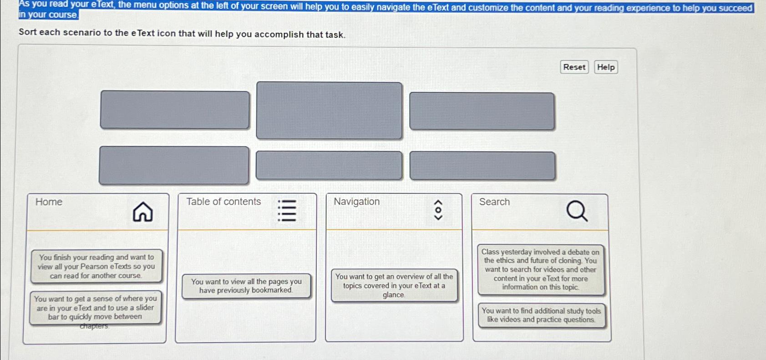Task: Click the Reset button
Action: tap(574, 67)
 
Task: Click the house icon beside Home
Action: tap(142, 212)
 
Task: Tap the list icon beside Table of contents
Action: tap(287, 211)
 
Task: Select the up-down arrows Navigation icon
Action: tap(438, 210)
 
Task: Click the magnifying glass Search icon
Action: tap(577, 211)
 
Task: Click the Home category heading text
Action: tap(49, 202)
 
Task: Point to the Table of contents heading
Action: tap(223, 202)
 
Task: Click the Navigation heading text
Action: tap(356, 202)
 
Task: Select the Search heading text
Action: tap(494, 202)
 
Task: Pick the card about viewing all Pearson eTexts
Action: tap(96, 266)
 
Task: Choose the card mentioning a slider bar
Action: tap(95, 308)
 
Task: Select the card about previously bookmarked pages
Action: tap(246, 286)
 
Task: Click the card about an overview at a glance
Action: tap(394, 285)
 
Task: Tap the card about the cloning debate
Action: tap(541, 269)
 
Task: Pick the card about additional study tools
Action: tap(541, 315)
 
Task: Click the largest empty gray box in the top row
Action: tap(329, 110)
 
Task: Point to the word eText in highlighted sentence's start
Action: tap(101, 5)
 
